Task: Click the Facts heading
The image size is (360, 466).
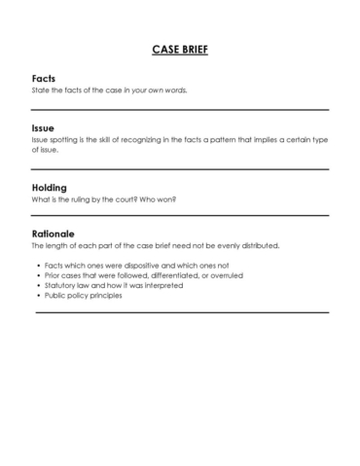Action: (44, 78)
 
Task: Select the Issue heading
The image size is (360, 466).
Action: (44, 127)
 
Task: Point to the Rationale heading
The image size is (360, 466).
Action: (55, 233)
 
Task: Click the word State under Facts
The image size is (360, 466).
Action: (42, 90)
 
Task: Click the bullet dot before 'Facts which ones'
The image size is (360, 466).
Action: (39, 266)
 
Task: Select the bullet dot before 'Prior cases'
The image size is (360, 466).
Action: (39, 275)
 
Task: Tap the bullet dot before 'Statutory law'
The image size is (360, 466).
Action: (39, 285)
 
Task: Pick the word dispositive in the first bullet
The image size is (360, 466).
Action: (142, 266)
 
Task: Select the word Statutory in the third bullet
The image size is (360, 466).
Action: (62, 285)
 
